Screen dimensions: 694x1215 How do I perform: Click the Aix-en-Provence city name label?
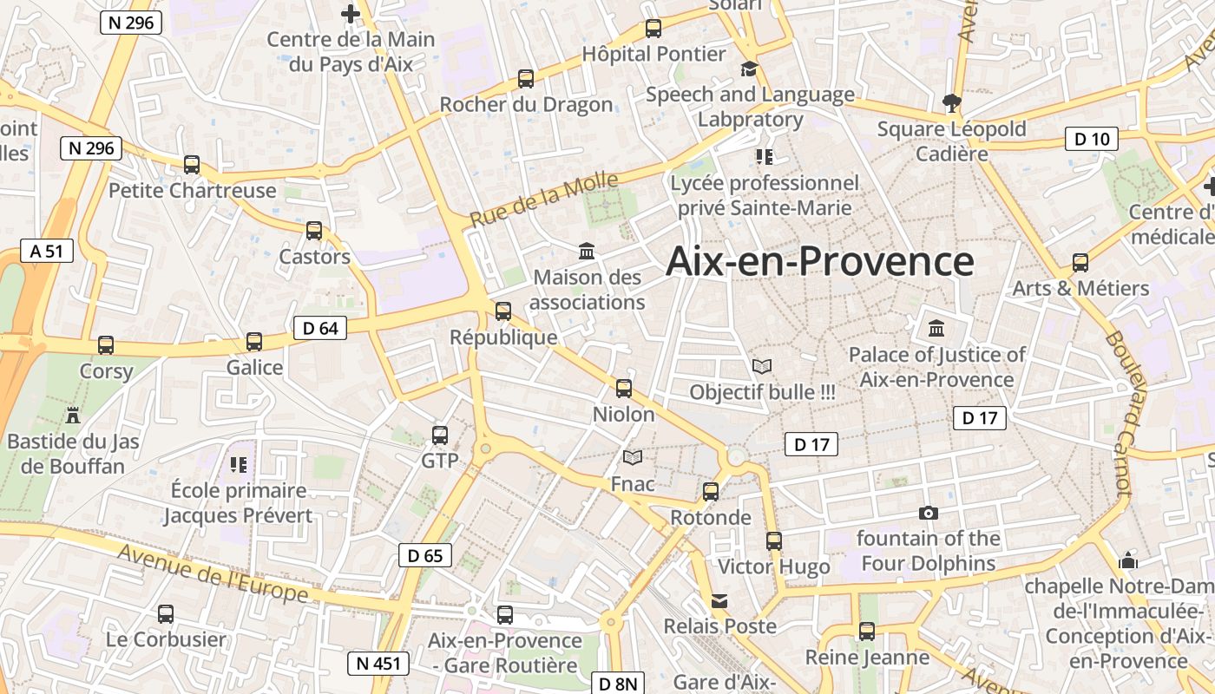[819, 261]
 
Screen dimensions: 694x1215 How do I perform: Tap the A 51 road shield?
[47, 252]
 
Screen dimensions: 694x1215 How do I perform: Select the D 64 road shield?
[321, 328]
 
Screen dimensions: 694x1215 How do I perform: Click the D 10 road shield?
[1092, 139]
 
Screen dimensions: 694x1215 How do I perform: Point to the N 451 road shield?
[378, 664]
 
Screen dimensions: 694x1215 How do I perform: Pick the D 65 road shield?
[425, 555]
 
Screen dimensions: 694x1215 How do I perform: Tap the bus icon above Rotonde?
[711, 492]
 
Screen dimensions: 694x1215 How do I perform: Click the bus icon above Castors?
[314, 231]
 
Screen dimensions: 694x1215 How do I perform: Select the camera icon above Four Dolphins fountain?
[928, 513]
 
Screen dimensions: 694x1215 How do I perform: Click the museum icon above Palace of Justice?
[936, 329]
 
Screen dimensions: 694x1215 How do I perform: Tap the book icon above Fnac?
[633, 457]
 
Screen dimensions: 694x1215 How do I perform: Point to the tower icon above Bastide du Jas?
[73, 416]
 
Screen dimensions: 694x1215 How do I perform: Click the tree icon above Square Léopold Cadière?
[952, 103]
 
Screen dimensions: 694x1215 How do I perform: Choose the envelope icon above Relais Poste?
[719, 600]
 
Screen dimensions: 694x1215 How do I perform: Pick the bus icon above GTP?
[440, 435]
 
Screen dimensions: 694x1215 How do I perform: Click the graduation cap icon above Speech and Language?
[749, 69]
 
